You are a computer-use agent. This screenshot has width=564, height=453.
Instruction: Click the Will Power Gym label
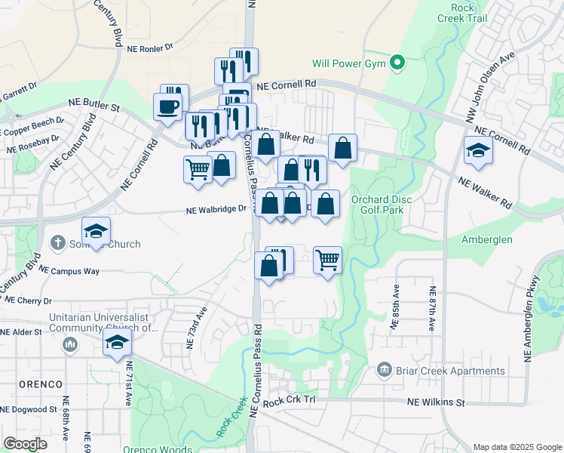tap(349, 63)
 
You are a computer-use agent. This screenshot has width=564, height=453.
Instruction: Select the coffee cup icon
tap(167, 106)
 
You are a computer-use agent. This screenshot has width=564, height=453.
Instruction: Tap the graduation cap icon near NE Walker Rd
tap(478, 151)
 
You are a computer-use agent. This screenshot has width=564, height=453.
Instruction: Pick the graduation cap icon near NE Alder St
tap(118, 344)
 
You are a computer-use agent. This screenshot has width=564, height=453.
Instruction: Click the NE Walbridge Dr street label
tap(216, 210)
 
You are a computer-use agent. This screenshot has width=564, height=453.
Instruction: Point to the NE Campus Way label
tap(69, 270)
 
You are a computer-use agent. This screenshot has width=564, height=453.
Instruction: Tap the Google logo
tap(25, 444)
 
